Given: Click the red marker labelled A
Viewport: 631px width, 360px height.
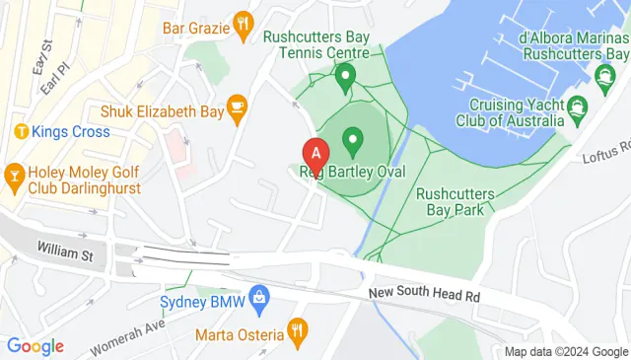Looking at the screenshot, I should point(315,154).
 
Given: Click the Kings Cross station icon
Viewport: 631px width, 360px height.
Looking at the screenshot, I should point(19,131).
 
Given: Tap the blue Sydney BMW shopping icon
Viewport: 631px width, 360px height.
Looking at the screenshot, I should point(258,295).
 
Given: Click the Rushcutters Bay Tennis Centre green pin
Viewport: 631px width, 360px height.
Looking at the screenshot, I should point(345,75).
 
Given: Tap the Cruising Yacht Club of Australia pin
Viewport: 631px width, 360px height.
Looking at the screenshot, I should point(579,107).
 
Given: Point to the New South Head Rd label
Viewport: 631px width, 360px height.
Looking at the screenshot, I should point(424,295).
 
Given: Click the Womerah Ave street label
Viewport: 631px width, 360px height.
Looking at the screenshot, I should point(126,335).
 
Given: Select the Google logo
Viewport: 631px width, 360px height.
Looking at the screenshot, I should point(35,346).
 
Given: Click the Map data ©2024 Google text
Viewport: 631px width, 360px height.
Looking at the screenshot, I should point(566,352).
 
